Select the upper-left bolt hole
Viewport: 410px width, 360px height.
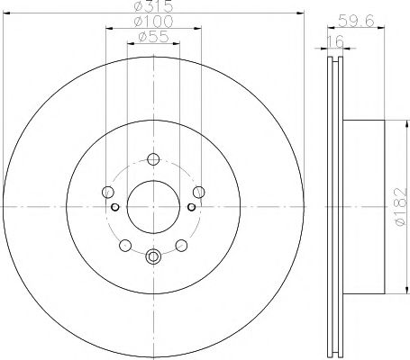pyautogui.click(x=108, y=192)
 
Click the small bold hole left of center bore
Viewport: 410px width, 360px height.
pyautogui.click(x=114, y=208)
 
